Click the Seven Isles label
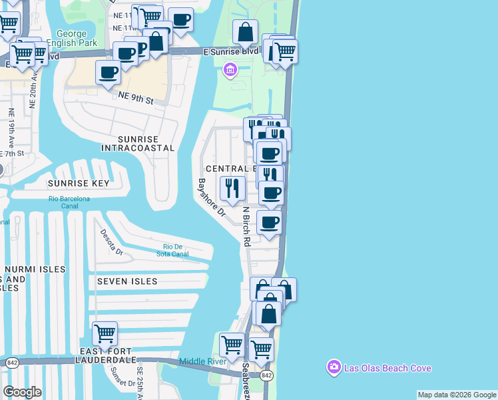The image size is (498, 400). click(x=127, y=281)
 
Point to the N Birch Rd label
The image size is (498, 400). click(x=246, y=227)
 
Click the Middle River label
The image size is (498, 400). click(x=202, y=362)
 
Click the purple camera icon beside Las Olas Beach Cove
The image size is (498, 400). click(x=334, y=367)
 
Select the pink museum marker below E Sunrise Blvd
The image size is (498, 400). click(x=231, y=69)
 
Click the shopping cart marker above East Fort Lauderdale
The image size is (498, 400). click(x=105, y=333)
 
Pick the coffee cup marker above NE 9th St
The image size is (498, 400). click(x=109, y=73)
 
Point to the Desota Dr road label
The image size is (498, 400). click(x=111, y=243)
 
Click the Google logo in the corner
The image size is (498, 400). click(x=22, y=392)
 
